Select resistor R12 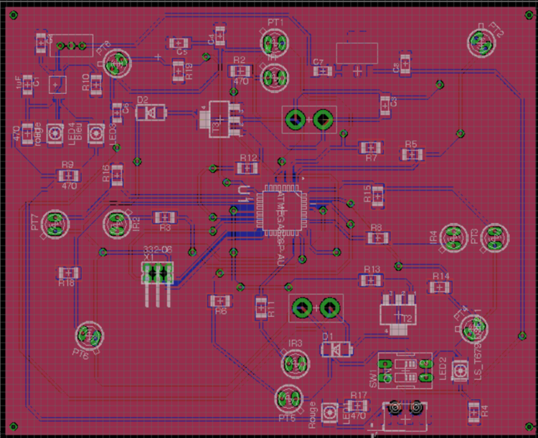coord(247,168)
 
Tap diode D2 coord(153,112)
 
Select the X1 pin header coord(158,273)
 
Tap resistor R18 coord(68,272)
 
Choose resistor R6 coord(221,300)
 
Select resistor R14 coord(440,287)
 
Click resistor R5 coord(411,154)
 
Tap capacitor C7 coord(324,71)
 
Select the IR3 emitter coord(293,364)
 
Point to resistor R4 coord(474,410)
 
